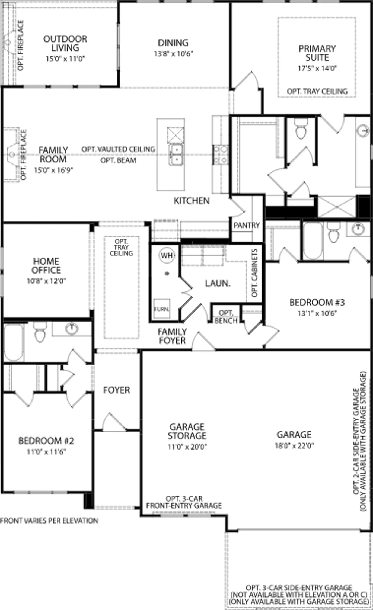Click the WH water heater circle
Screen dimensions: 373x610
pos(167,255)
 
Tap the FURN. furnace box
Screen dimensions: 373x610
pos(162,309)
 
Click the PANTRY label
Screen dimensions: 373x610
pos(247,225)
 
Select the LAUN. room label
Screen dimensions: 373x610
pos(218,283)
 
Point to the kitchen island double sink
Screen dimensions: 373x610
pos(176,154)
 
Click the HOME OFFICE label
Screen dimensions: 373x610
pos(46,266)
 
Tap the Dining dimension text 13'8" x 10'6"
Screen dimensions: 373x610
pos(173,54)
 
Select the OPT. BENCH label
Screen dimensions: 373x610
pos(226,317)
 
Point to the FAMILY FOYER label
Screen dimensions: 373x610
pos(172,336)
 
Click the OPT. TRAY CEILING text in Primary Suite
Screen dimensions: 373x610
pos(317,91)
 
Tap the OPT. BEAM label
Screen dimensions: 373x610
pos(118,160)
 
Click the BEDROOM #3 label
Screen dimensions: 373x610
pos(317,302)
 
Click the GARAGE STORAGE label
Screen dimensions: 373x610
pos(187,431)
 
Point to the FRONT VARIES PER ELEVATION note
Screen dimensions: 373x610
pos(49,521)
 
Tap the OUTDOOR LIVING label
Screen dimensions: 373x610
pos(65,43)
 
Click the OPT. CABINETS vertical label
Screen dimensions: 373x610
pos(254,273)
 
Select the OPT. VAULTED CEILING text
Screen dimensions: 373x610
pos(118,149)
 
